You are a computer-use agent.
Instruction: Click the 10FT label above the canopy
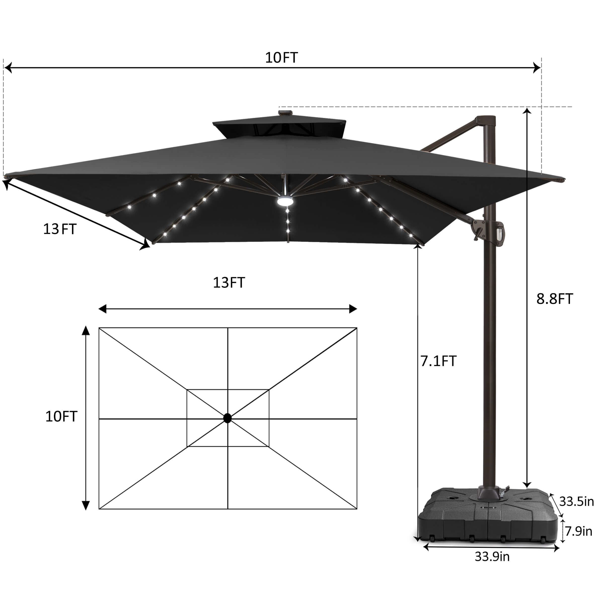281,58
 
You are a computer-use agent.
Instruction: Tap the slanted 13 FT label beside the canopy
60,229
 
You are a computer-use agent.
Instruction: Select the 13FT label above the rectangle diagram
229,283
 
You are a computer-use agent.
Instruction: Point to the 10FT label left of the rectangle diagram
61,416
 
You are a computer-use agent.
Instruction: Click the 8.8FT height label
555,299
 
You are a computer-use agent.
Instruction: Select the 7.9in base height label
578,531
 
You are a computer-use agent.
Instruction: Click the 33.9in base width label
492,557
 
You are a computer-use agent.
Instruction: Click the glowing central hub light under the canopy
285,201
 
